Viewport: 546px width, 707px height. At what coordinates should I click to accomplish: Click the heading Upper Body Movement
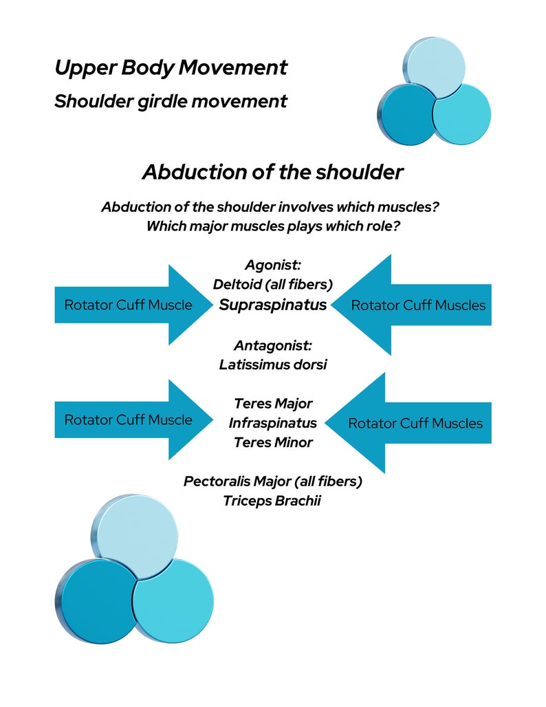[171, 68]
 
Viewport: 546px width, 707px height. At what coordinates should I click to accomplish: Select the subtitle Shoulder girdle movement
[171, 101]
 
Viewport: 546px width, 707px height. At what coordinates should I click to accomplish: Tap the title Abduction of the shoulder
[272, 172]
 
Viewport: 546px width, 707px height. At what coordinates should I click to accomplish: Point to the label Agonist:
[272, 265]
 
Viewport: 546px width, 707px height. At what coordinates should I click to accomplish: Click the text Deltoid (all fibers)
[272, 284]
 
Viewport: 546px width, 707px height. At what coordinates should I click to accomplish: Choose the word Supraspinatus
[272, 305]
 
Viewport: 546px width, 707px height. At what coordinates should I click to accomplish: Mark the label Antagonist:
[272, 345]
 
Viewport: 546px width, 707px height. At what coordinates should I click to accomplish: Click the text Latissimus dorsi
[272, 365]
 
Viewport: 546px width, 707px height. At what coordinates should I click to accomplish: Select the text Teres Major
[272, 404]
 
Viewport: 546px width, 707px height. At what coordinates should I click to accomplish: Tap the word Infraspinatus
[272, 423]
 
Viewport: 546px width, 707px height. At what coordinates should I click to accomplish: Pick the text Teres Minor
[272, 442]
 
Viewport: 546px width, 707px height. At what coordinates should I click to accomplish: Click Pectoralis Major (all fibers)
[272, 481]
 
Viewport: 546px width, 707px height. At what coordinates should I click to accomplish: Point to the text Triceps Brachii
[272, 501]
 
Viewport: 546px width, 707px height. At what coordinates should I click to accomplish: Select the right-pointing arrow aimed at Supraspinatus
[131, 305]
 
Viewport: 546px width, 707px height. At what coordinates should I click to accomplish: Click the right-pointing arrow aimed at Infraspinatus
[131, 420]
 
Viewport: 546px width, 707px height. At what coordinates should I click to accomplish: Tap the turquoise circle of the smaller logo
[462, 113]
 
